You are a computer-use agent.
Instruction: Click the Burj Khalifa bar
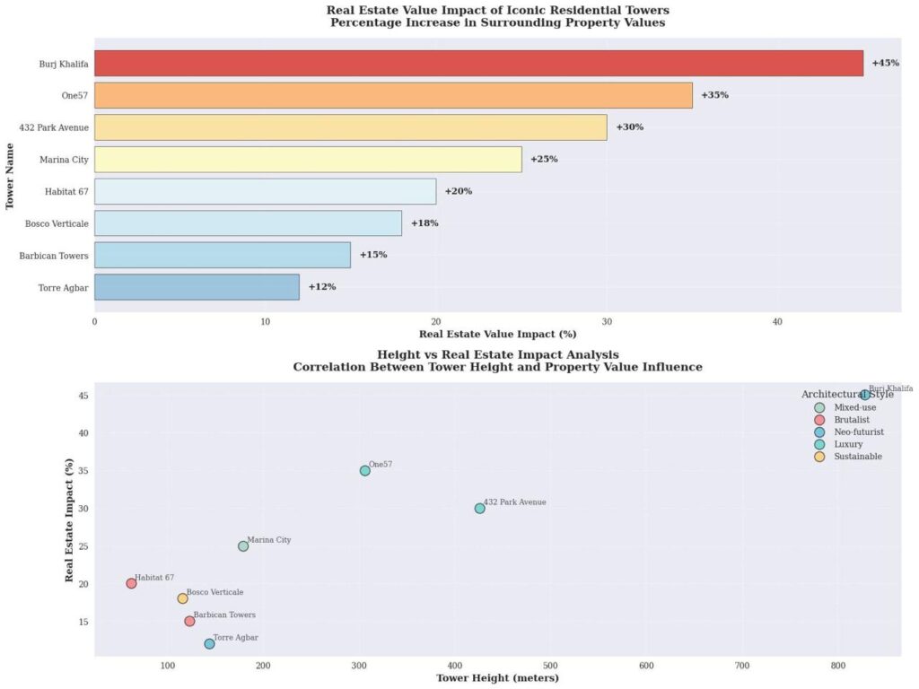pyautogui.click(x=478, y=64)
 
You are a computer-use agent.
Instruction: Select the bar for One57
pyautogui.click(x=393, y=95)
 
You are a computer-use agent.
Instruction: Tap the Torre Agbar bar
pyautogui.click(x=197, y=287)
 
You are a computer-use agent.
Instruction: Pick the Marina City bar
pyautogui.click(x=308, y=160)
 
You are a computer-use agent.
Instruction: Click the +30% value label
pyautogui.click(x=629, y=127)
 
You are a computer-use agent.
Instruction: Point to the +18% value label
pyautogui.click(x=424, y=223)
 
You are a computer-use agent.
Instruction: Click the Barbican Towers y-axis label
pyautogui.click(x=54, y=256)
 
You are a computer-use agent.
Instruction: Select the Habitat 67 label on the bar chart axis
pyautogui.click(x=66, y=191)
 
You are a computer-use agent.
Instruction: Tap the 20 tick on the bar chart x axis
pyautogui.click(x=436, y=322)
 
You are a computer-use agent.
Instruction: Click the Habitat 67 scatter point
pyautogui.click(x=131, y=583)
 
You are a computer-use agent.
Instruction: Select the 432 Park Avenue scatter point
pyautogui.click(x=479, y=509)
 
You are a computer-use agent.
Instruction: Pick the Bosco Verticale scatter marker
pyautogui.click(x=182, y=598)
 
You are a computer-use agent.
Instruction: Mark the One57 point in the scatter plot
pyautogui.click(x=364, y=471)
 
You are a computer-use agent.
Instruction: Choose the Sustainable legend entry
pyautogui.click(x=857, y=457)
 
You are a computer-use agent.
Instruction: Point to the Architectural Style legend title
pyautogui.click(x=847, y=395)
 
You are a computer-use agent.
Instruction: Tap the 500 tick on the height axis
pyautogui.click(x=550, y=666)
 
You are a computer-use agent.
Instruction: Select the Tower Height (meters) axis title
pyautogui.click(x=497, y=678)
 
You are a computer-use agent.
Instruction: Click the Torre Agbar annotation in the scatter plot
pyautogui.click(x=235, y=638)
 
